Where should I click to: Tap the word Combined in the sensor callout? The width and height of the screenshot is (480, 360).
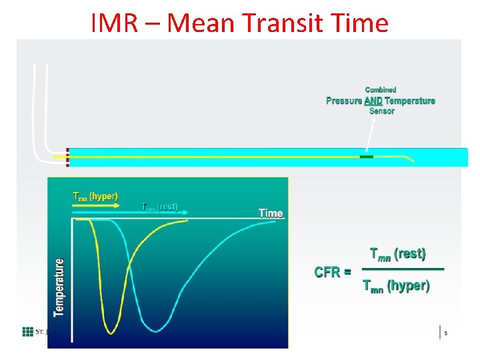tap(381, 90)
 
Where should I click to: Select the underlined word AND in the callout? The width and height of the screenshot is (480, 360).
tap(373, 101)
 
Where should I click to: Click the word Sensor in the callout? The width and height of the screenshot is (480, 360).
tap(381, 111)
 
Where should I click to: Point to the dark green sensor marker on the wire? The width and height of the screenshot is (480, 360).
tap(367, 157)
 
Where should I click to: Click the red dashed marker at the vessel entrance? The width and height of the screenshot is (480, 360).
tap(67, 157)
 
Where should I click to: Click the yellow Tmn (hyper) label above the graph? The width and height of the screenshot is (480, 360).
tap(95, 197)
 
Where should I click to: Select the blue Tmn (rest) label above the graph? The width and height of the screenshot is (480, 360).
tap(159, 207)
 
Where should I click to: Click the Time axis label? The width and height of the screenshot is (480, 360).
tap(271, 213)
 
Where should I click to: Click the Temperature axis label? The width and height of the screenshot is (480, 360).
tap(59, 287)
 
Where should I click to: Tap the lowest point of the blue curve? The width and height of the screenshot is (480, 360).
tap(155, 331)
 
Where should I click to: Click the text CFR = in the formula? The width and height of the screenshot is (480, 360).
tap(333, 272)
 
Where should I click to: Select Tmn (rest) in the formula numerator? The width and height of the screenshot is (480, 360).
tap(397, 254)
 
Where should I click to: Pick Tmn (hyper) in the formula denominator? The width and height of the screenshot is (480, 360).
tap(396, 287)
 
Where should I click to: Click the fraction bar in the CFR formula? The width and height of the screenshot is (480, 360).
tap(402, 269)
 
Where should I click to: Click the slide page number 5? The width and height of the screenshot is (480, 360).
tap(445, 333)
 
